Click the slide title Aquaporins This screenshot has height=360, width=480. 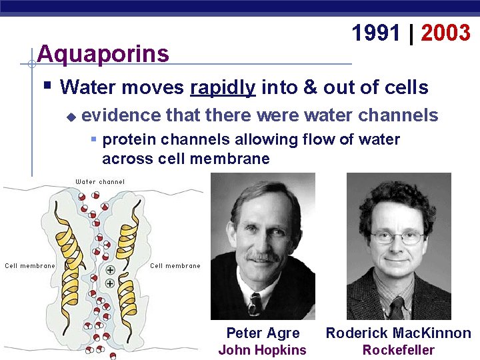point(103,53)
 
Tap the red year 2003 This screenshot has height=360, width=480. point(445,33)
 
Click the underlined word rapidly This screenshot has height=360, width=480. point(223,87)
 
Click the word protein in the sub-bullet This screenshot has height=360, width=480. point(127,139)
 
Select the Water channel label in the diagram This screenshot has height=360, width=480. point(100,181)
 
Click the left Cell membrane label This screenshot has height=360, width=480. point(30,266)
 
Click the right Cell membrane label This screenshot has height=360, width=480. point(175,266)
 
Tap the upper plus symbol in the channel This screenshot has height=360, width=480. point(110,271)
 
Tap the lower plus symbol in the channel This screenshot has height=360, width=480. point(110,283)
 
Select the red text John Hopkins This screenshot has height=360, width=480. point(263,350)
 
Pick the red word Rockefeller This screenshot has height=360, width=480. point(398,350)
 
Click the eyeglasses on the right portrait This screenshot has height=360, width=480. point(397,237)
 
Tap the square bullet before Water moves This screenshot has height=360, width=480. point(47,86)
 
